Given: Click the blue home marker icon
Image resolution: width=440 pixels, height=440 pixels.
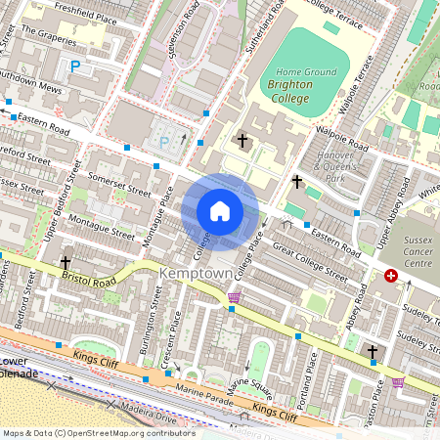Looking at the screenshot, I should pyautogui.click(x=220, y=211).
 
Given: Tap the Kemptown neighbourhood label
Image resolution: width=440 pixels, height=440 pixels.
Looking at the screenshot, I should pyautogui.click(x=200, y=276).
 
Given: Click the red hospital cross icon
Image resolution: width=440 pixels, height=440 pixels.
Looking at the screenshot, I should pyautogui.click(x=392, y=277).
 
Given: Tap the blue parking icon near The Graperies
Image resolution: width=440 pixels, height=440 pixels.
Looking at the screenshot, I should pyautogui.click(x=75, y=66).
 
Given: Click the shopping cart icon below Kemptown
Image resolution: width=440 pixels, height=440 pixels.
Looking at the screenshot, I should pyautogui.click(x=234, y=297).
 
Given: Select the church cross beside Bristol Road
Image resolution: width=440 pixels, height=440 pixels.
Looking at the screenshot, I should pyautogui.click(x=66, y=263).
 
